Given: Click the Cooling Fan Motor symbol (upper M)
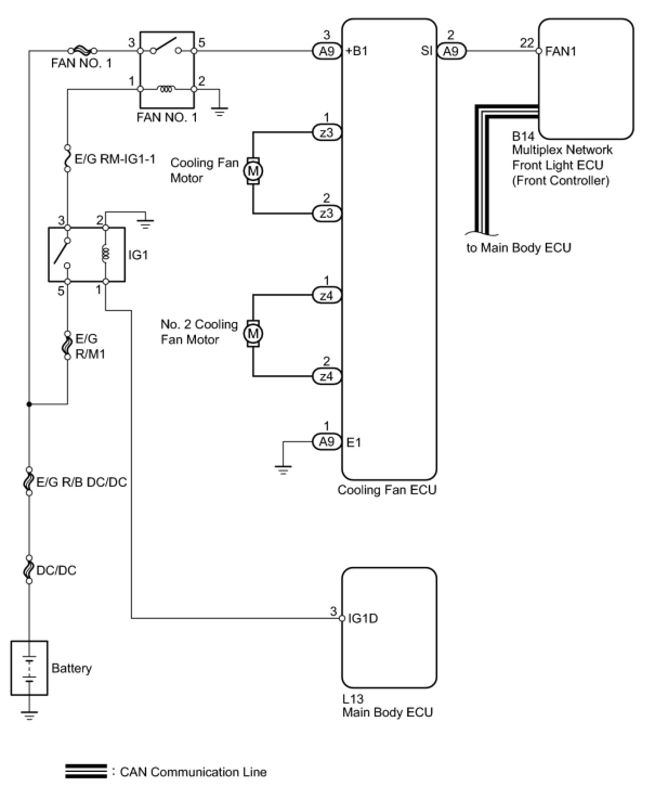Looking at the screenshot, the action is pos(253,170).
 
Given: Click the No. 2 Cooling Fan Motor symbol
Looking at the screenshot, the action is pos(253,333).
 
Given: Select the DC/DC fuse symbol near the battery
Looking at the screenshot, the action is pos(29,570).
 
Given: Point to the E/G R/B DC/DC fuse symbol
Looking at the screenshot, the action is pos(29,481).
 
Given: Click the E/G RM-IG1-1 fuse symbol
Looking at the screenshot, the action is pos(68,158).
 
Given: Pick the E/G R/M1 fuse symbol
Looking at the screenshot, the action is pos(67,345).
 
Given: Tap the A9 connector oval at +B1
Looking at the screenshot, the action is pos(326,51).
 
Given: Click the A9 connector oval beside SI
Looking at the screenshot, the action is pos(451,51).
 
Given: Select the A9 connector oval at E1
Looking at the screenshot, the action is pos(326,442).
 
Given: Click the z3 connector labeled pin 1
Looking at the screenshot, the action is pos(326,132).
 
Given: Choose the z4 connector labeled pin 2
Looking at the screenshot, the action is pos(326,376).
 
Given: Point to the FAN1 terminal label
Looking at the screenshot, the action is pos(560,51).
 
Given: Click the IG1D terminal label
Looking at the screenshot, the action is pos(363,618).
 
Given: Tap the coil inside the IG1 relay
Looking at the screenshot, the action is pos(106,254).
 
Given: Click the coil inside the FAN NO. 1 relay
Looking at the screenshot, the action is pos(167,89).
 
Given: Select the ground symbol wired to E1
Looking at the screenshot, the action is pos(283,469).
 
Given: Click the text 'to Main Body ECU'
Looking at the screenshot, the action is pos(519,248).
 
